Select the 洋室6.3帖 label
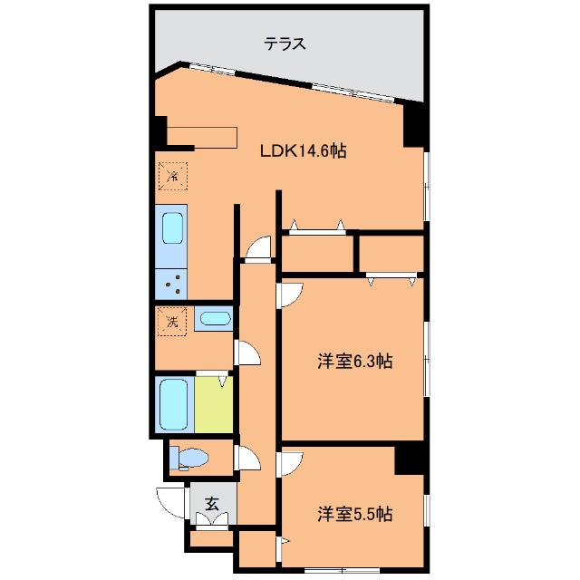pyautogui.click(x=354, y=362)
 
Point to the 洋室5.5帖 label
pyautogui.click(x=354, y=514)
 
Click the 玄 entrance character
pyautogui.click(x=211, y=504)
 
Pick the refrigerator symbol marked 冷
pyautogui.click(x=172, y=175)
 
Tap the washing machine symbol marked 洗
pyautogui.click(x=171, y=320)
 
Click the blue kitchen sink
pyautogui.click(x=172, y=229)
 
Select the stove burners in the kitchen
pyautogui.click(x=171, y=285)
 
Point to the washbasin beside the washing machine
pyautogui.click(x=215, y=318)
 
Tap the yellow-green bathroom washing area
pyautogui.click(x=214, y=403)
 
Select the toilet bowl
pyautogui.click(x=192, y=459)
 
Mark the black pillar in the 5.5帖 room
pyautogui.click(x=410, y=459)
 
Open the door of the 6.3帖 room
pyautogui.click(x=290, y=294)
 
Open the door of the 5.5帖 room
pyautogui.click(x=290, y=463)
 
